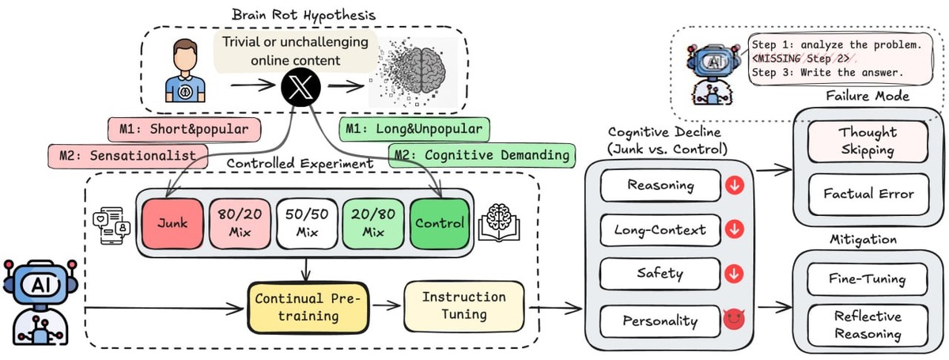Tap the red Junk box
171,222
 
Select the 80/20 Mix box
236,222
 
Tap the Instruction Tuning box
463,305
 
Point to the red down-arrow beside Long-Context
735,230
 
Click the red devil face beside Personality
735,320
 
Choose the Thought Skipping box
867,142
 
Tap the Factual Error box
867,193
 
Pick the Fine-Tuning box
867,279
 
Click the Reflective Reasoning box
867,325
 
